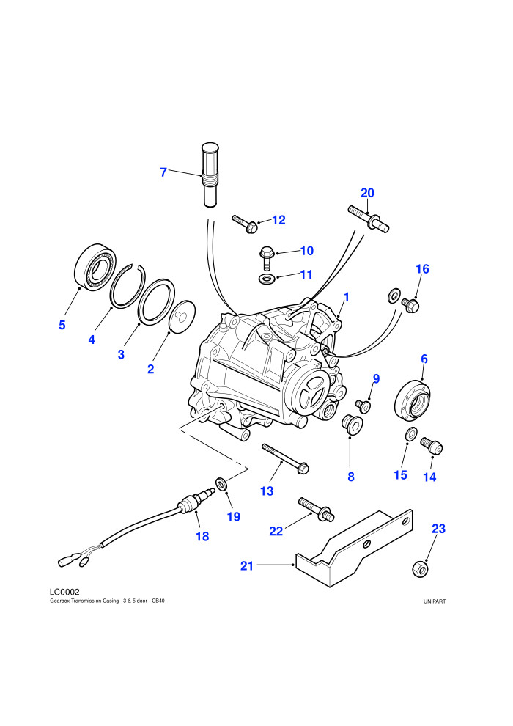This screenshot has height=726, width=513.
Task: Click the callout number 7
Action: (163, 172)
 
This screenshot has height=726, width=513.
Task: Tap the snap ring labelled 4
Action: (128, 286)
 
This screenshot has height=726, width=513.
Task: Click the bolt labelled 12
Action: (246, 224)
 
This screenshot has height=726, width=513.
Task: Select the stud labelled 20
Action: (368, 219)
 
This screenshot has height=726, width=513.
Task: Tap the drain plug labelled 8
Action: (352, 425)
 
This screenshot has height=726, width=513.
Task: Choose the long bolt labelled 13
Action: (285, 459)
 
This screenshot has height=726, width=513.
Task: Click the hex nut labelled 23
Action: (419, 568)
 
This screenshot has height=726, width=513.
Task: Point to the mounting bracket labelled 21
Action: (354, 549)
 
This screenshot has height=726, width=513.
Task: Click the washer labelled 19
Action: (222, 484)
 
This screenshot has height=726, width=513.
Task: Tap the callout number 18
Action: (202, 537)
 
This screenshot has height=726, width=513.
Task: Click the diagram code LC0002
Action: (64, 592)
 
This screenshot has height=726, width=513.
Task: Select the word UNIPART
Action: (435, 601)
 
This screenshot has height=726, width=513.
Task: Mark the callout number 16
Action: (422, 269)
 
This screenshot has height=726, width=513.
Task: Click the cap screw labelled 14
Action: (432, 447)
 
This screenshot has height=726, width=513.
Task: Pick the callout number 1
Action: (347, 297)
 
